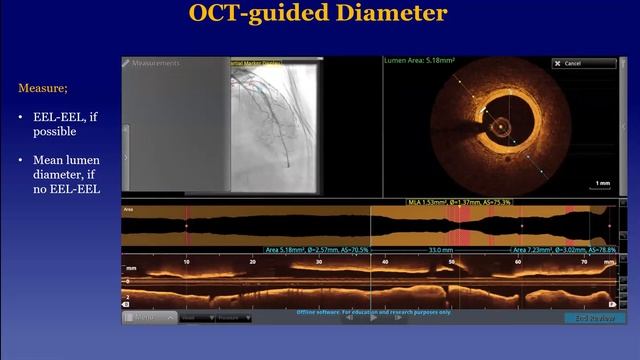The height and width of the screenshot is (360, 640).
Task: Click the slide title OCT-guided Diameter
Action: coord(319,14)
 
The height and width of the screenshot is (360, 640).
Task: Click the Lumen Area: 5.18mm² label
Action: coord(419,61)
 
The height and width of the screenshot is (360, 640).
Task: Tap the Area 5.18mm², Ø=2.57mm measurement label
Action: coord(316,250)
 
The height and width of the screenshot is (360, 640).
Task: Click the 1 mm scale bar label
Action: coord(602,183)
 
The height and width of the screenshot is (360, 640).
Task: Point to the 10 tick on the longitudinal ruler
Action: coord(186,261)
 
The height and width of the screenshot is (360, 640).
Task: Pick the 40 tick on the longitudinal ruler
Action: coord(385,261)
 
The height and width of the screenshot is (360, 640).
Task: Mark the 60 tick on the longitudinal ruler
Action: coord(518,261)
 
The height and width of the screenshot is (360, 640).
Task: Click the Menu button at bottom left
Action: coord(146,317)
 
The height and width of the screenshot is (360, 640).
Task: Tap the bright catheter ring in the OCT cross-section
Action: coord(497,127)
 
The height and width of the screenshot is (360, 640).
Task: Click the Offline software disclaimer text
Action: coord(374,312)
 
